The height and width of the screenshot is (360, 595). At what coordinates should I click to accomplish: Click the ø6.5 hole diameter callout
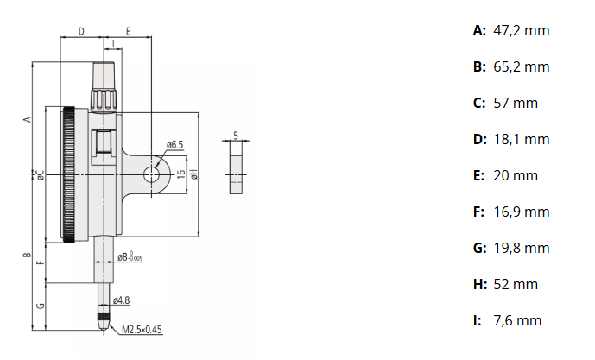pos(174,144)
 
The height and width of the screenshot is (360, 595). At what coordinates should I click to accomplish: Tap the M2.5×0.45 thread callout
pos(142,329)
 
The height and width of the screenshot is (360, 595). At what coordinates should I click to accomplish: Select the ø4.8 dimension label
pos(122,300)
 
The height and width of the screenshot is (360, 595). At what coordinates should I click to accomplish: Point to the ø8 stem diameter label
pos(130,256)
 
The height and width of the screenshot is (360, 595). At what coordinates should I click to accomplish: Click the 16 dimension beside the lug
pos(181,174)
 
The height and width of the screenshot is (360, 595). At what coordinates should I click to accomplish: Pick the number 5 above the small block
pos(236,135)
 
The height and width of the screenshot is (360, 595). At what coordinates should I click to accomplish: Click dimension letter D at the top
pos(81,31)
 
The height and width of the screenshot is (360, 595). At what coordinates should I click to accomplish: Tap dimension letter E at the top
pos(128,31)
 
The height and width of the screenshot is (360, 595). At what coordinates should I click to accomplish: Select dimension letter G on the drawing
pos(41,306)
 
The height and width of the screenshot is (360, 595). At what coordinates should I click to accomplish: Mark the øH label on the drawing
pos(194,174)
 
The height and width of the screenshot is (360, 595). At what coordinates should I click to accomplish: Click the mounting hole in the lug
pos(151,174)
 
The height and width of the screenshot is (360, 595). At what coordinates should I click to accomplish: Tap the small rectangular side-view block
pos(236,174)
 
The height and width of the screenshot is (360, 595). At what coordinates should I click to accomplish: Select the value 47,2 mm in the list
pos(522,31)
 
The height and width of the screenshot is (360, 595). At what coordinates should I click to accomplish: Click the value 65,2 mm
pos(522,67)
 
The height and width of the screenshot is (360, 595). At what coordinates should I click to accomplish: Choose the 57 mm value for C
pos(516,104)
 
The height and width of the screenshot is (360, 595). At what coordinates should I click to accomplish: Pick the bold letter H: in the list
pos(480,285)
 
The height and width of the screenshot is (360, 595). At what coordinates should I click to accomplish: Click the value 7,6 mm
pos(517,321)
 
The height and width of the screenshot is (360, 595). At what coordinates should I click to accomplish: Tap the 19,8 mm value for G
pos(522,249)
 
